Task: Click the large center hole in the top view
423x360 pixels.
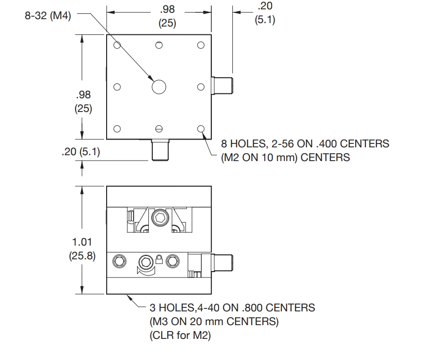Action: pos(159,87)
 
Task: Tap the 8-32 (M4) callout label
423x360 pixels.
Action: pos(48,15)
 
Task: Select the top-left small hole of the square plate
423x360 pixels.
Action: pos(117,45)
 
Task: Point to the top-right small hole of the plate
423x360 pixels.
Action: pos(201,45)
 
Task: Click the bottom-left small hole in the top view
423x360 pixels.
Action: pos(117,129)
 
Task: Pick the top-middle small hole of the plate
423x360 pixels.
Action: pos(159,45)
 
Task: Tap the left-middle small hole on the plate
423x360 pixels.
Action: pos(117,87)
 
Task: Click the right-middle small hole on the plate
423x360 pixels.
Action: pos(201,87)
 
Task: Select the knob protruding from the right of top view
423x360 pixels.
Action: pos(222,86)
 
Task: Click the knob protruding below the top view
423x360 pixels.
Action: pos(160,150)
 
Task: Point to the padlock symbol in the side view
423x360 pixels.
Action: pos(159,259)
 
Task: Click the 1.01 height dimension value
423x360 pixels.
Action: pos(82,242)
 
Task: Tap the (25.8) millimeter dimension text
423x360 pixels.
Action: pos(82,256)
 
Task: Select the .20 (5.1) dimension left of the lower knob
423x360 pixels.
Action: pos(81,152)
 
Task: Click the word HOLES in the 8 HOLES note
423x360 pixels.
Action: pos(248,143)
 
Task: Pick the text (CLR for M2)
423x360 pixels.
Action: pos(180,335)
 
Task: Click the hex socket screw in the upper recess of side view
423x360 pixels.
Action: pos(160,217)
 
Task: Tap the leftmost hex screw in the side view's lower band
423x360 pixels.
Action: pos(119,261)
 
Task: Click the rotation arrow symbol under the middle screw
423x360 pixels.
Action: pos(146,271)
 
